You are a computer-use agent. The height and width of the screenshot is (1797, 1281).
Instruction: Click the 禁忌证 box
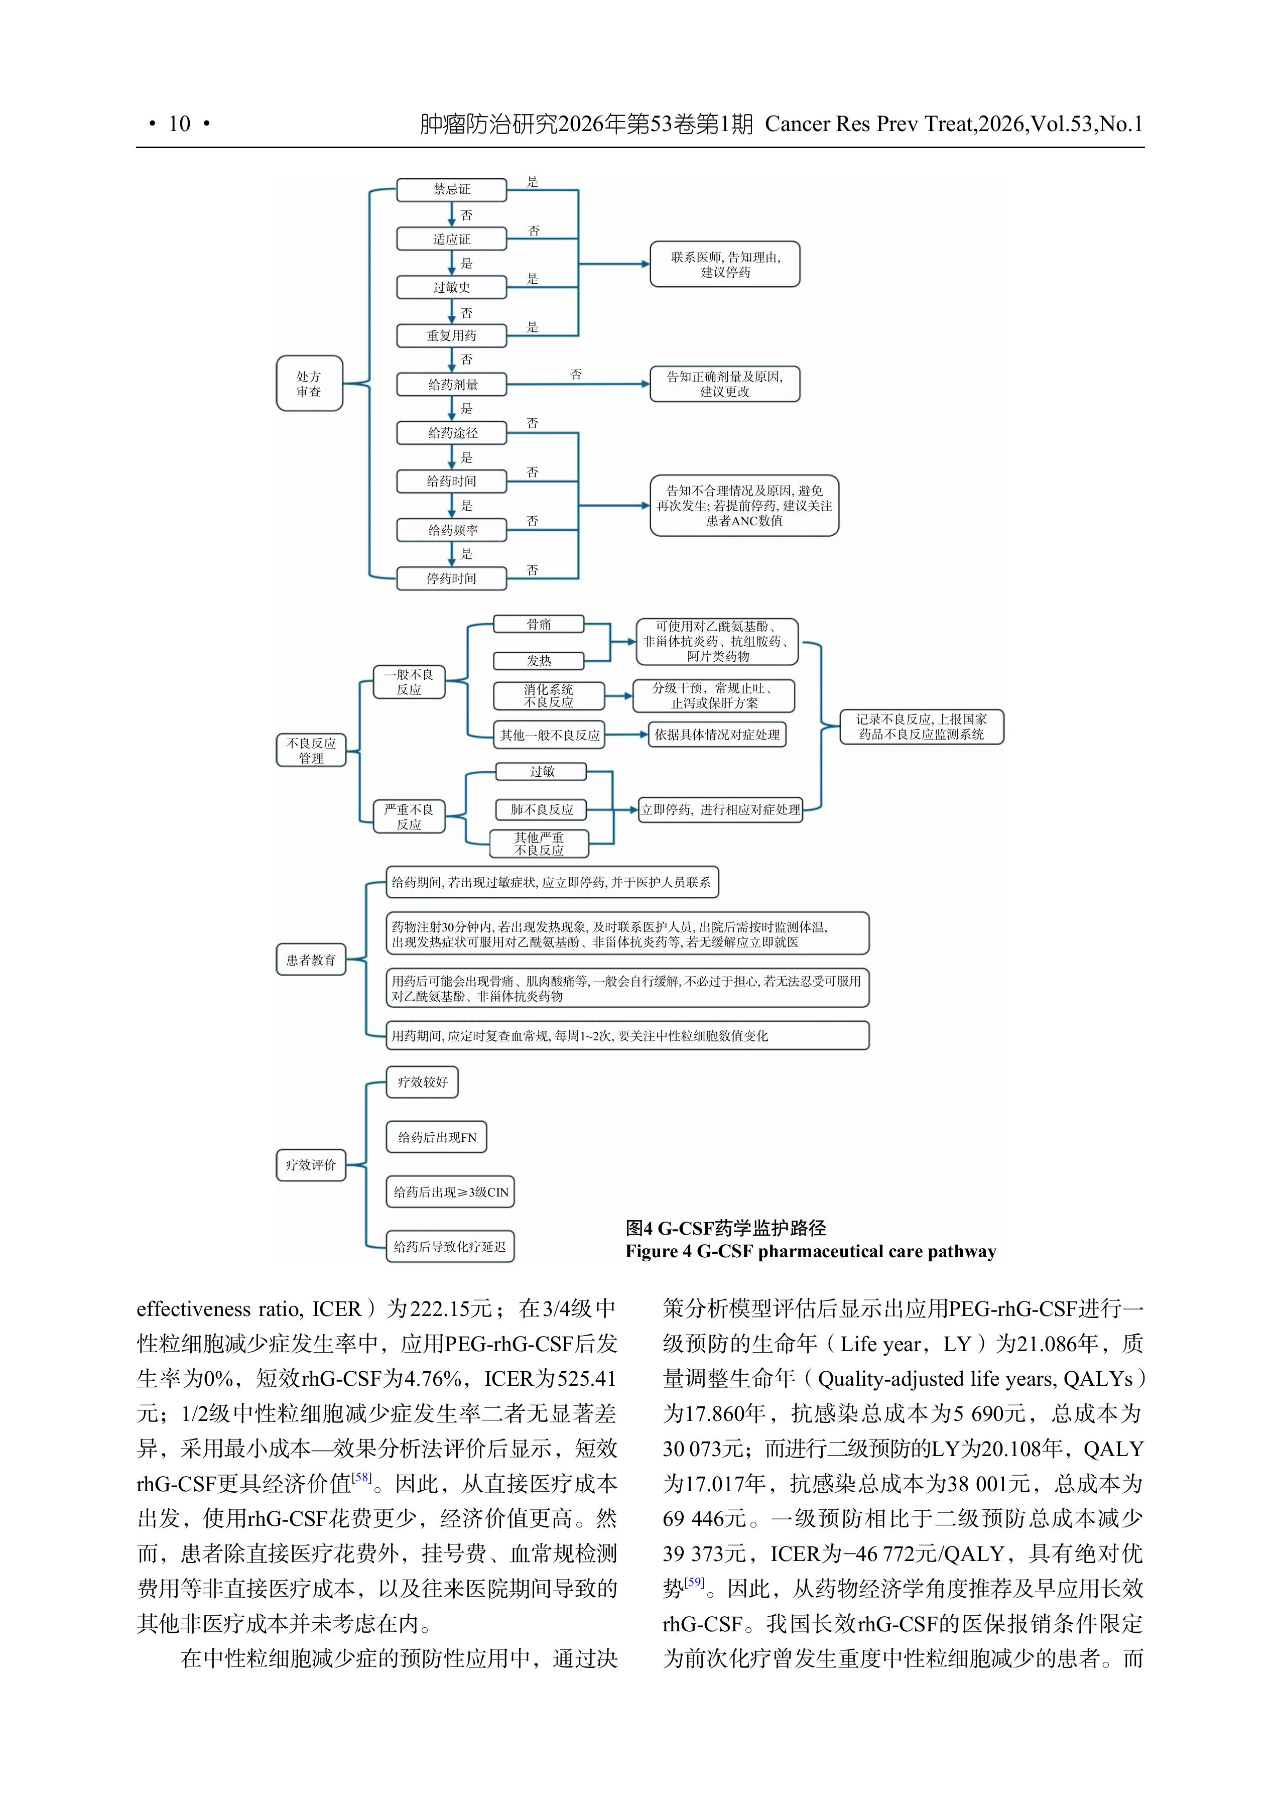[451, 189]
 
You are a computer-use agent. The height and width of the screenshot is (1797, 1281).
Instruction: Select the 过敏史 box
[451, 287]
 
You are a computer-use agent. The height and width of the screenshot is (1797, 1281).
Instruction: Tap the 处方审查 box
[309, 384]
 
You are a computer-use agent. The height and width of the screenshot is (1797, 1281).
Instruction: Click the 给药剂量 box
[451, 384]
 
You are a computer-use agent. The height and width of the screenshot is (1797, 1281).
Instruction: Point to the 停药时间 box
[451, 578]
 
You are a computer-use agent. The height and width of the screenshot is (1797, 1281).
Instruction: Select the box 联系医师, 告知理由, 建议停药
[725, 264]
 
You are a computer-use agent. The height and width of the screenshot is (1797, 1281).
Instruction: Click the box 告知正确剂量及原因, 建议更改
[725, 384]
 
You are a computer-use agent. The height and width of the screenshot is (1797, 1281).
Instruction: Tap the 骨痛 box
[539, 624]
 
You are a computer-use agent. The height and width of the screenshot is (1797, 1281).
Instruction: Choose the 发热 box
[539, 660]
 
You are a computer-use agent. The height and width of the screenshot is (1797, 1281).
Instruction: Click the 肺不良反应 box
[542, 809]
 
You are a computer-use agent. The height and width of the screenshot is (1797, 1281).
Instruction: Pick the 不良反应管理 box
[311, 750]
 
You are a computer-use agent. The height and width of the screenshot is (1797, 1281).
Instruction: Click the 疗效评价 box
[311, 1164]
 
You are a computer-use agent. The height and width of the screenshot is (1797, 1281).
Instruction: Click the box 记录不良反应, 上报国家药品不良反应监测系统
[921, 727]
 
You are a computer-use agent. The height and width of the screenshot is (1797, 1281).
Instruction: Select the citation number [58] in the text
[361, 1477]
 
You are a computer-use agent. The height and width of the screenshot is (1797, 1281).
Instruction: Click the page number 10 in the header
[179, 124]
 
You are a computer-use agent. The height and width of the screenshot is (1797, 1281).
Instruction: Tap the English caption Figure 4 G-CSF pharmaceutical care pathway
[810, 1251]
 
